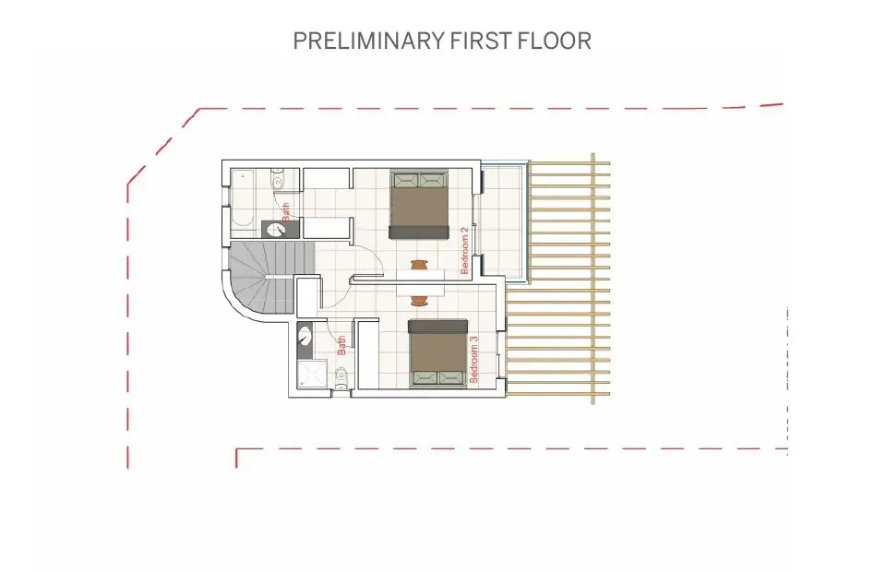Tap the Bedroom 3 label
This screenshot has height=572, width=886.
point(474,360)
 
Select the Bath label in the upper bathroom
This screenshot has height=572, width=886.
point(285,210)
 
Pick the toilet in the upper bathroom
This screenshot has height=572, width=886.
point(279,182)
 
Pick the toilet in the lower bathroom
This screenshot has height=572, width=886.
point(340,375)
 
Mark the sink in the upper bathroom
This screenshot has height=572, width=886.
point(274,230)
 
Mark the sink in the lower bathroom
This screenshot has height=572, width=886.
point(305,339)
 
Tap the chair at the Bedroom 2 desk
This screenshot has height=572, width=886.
point(419,266)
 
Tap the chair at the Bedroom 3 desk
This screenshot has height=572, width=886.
point(419,300)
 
